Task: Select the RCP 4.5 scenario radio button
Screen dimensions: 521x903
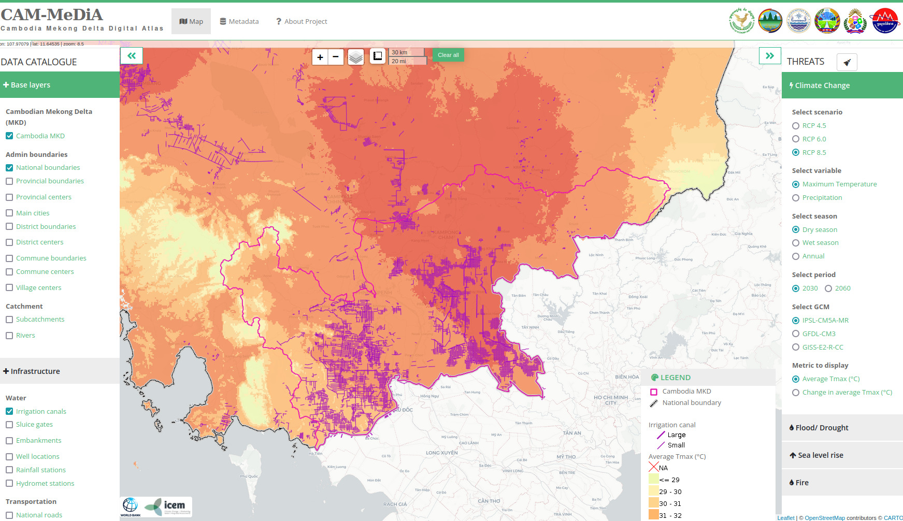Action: (x=796, y=126)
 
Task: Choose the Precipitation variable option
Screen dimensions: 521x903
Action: (x=796, y=198)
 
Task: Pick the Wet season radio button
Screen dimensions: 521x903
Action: (x=796, y=243)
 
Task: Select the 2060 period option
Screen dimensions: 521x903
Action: (x=828, y=288)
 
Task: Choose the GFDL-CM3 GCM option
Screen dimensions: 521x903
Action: (x=796, y=334)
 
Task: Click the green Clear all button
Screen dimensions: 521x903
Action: (x=448, y=55)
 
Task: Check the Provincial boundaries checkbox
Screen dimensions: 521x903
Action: (x=9, y=181)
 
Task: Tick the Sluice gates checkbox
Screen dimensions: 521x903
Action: (x=9, y=425)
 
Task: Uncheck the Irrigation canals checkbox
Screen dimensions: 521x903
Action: (x=9, y=411)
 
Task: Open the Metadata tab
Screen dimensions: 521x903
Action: (x=239, y=21)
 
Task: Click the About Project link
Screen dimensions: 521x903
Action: (x=302, y=21)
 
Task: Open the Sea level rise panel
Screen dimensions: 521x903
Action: (x=820, y=455)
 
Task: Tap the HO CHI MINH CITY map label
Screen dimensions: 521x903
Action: (x=611, y=400)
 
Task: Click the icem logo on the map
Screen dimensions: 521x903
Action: (x=167, y=506)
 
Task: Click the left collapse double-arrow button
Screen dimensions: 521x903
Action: (x=132, y=56)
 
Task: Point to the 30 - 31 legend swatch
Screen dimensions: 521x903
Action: (x=653, y=503)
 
